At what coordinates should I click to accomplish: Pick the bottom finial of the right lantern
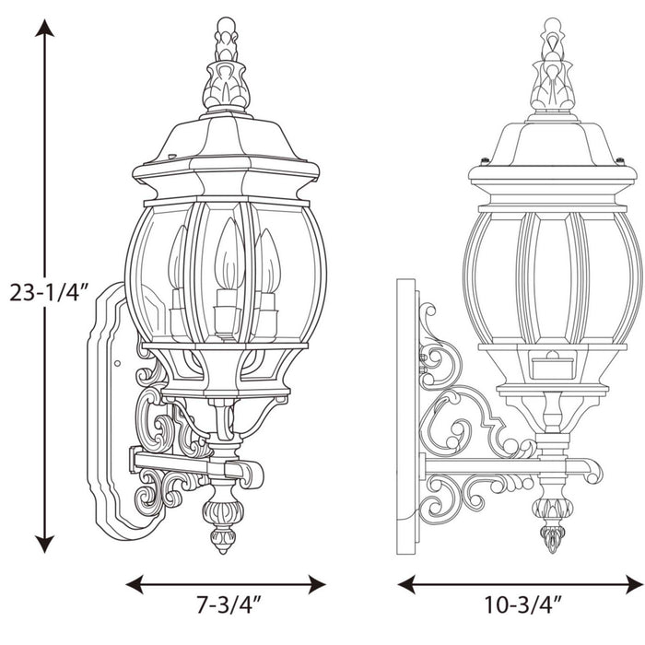[551, 525]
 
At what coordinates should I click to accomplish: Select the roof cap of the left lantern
[226, 147]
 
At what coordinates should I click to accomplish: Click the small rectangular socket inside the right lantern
[551, 365]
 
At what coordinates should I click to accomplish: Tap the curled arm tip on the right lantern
[590, 472]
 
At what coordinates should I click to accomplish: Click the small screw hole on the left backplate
[117, 362]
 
